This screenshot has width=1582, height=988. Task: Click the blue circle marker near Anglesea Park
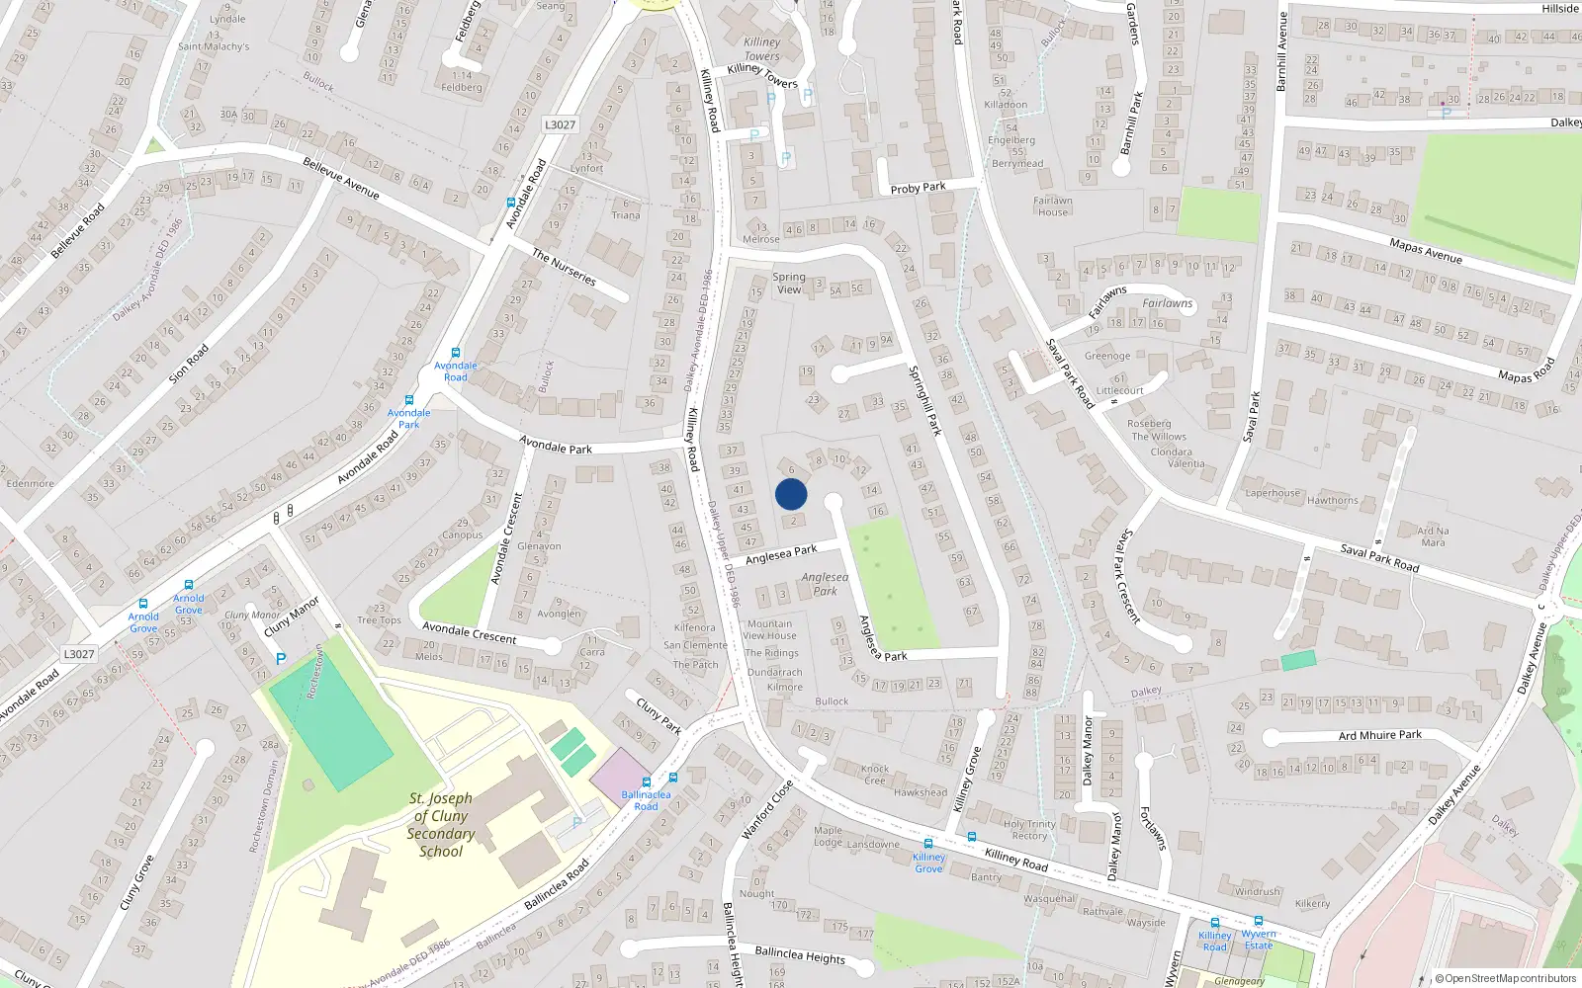(791, 494)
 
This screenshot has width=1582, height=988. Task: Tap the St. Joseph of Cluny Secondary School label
(441, 824)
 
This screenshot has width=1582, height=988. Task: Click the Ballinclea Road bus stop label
(646, 800)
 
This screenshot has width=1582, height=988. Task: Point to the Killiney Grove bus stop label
(928, 863)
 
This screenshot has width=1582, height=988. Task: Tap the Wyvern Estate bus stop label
(1259, 940)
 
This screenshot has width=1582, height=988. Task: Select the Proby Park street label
(918, 188)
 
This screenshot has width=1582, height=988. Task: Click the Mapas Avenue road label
(1425, 251)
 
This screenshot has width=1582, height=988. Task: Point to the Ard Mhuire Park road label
(1379, 735)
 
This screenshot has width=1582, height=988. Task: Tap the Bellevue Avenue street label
(341, 178)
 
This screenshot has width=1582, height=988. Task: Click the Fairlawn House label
(1053, 206)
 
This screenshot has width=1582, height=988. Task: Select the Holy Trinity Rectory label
(1029, 830)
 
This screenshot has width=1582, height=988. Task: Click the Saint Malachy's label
(214, 46)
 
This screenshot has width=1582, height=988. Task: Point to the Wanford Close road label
(767, 810)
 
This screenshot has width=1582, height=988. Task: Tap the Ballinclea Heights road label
(800, 954)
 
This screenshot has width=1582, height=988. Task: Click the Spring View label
(789, 284)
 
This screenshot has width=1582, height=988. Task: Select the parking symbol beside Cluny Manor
(281, 658)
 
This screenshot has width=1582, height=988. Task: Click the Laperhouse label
(1273, 493)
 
